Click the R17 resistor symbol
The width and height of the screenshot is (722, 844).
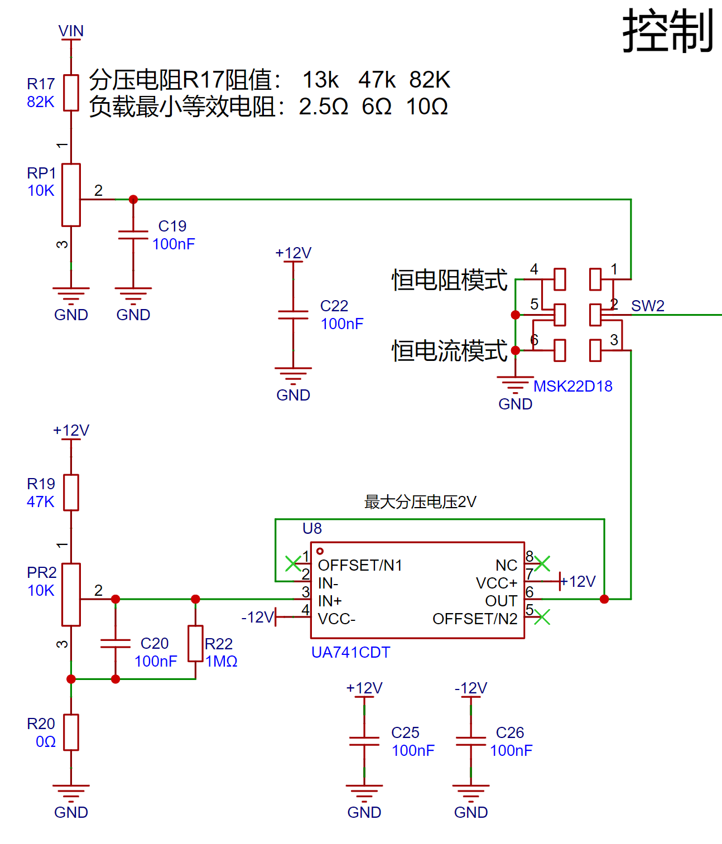(x=71, y=93)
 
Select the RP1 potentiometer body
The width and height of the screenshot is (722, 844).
(x=71, y=195)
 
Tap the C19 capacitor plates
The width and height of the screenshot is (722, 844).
(x=133, y=235)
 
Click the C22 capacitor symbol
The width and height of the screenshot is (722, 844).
(x=293, y=315)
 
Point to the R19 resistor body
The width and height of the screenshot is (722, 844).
(x=71, y=493)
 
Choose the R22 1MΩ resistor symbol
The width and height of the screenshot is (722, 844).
(x=196, y=643)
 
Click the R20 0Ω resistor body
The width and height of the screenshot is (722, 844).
(x=71, y=732)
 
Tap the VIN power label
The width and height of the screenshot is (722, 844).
(x=71, y=31)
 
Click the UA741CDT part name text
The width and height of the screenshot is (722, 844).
(x=351, y=652)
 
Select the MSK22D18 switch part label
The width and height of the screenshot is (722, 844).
(x=573, y=386)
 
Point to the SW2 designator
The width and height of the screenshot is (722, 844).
(x=648, y=306)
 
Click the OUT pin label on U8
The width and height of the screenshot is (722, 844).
(x=501, y=601)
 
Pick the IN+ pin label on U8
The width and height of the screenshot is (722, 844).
(x=330, y=601)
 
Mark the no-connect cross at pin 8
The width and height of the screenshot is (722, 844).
(x=542, y=563)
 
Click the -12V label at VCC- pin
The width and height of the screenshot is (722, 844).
(x=258, y=617)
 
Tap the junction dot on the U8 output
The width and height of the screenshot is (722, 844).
(x=604, y=599)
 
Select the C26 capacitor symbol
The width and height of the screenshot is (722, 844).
(x=471, y=741)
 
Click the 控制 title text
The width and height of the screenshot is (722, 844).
(x=668, y=31)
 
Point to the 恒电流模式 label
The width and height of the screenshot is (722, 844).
(x=450, y=350)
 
